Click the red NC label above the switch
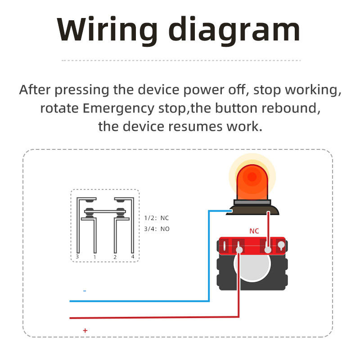(254, 231)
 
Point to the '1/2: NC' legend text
(157, 218)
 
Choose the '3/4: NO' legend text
(157, 229)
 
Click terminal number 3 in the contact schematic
(77, 257)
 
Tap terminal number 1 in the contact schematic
(94, 257)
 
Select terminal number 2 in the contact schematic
(115, 257)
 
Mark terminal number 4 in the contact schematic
(133, 257)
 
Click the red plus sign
(85, 330)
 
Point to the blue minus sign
(85, 291)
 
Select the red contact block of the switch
(252, 246)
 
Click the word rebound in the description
(292, 108)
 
